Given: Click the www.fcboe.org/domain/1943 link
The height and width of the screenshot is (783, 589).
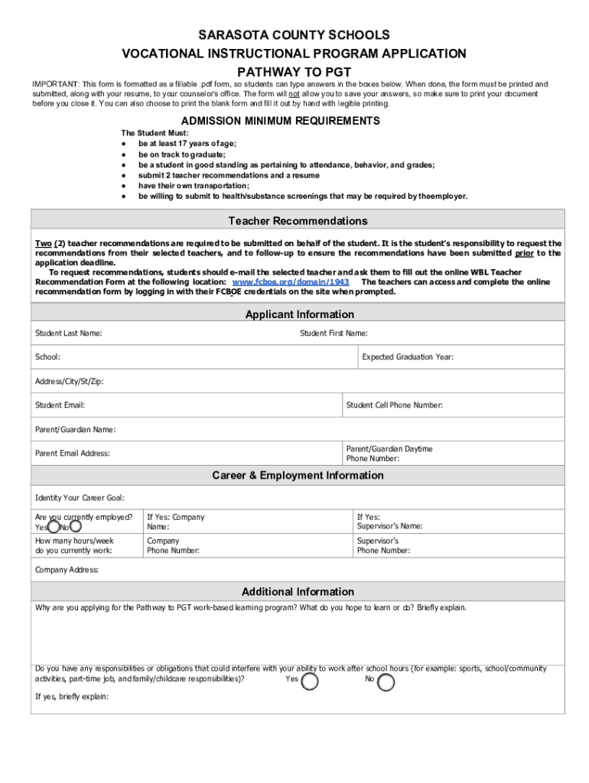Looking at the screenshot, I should point(291,282).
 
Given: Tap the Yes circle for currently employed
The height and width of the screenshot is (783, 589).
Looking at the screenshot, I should point(54,527).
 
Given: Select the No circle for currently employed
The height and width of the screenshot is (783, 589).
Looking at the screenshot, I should point(76,526).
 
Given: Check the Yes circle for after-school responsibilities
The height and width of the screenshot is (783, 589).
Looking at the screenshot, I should point(310,681).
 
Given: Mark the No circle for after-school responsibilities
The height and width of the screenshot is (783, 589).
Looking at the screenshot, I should point(386,682).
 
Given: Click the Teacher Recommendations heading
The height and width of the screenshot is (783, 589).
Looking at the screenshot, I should point(298,221).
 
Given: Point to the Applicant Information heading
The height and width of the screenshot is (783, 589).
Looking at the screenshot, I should point(299,314).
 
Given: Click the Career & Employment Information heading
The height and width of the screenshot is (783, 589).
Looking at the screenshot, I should point(298,476).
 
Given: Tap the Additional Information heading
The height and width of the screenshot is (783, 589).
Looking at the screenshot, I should point(298,592).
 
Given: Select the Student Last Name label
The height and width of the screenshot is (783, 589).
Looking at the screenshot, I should point(69,333).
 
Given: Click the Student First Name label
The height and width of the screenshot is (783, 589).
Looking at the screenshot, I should point(334,333).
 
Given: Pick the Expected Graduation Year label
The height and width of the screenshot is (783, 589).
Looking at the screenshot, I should point(408,357).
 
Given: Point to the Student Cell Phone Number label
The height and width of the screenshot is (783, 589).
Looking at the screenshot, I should point(394,405).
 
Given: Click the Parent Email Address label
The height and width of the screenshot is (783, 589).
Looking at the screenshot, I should point(73,453).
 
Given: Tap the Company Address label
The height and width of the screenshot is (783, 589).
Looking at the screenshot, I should point(67,570).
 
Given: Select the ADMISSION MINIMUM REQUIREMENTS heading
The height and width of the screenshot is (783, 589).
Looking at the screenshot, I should point(280,121).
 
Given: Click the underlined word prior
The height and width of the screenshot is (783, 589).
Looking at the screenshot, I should point(524,253).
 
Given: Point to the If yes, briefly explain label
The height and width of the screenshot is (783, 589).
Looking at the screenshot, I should point(72,697).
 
